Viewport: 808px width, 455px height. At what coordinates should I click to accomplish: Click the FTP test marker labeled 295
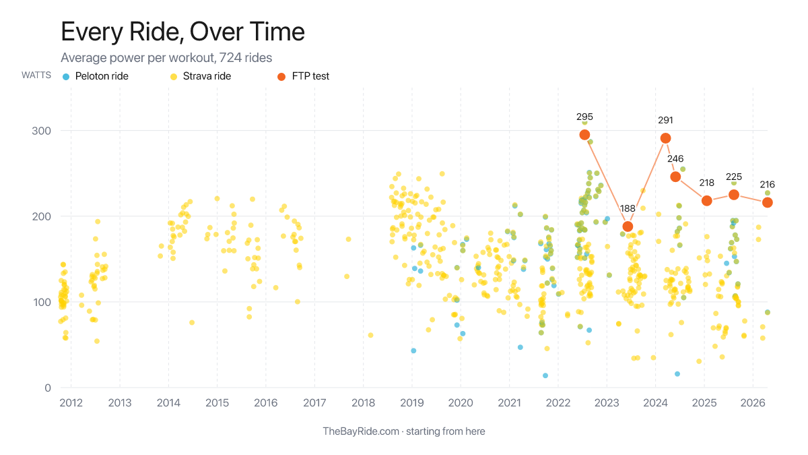584,135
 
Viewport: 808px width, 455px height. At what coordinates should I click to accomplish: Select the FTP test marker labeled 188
628,226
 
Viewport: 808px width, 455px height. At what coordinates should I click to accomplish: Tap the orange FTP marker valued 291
665,138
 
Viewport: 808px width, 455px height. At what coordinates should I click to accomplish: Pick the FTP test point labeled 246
675,177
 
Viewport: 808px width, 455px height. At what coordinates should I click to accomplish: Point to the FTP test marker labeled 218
707,201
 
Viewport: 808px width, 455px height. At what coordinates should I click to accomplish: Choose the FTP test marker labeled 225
734,195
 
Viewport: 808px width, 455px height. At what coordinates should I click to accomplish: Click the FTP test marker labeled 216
767,202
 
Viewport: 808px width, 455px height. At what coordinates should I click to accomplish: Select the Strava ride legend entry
206,76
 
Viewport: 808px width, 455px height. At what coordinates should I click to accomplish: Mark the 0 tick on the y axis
48,388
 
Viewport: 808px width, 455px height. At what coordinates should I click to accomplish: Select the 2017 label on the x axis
314,403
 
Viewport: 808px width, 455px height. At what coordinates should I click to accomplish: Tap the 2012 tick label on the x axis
71,403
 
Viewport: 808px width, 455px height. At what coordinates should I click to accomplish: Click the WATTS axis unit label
36,75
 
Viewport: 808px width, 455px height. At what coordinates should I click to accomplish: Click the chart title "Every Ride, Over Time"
182,32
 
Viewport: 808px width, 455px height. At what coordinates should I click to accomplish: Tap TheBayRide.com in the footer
361,431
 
